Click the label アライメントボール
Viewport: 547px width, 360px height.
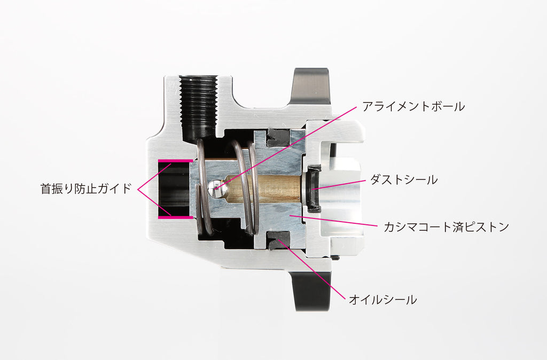413,106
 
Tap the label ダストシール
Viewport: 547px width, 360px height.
404,180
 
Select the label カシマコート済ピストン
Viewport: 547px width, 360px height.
446,227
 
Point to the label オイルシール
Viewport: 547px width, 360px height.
382,299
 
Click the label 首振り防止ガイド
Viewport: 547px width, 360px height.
86,189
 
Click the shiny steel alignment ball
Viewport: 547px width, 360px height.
214,189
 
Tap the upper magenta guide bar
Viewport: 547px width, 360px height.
175,161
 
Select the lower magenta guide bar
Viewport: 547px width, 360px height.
175,217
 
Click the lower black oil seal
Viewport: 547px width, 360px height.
278,240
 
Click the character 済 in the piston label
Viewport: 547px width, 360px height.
461,227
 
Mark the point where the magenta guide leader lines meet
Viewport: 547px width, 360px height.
138,190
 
